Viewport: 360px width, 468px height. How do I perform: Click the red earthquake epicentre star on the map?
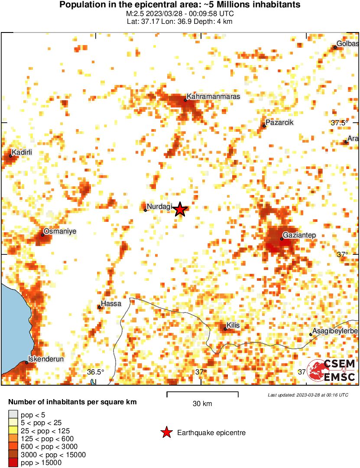[x=181, y=210]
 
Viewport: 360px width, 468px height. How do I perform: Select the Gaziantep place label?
[x=299, y=235]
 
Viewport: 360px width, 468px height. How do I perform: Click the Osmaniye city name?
[x=60, y=231]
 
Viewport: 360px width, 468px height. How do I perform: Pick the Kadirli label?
[x=22, y=152]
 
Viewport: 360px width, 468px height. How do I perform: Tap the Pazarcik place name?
[x=279, y=122]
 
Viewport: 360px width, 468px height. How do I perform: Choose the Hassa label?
[x=111, y=303]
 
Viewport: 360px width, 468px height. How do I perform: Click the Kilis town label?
[x=233, y=325]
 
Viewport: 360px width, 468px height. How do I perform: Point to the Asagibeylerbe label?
[x=334, y=331]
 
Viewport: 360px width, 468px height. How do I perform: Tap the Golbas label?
[x=348, y=44]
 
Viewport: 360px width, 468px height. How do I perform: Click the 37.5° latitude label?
[x=340, y=123]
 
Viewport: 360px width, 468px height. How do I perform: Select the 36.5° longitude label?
[x=96, y=372]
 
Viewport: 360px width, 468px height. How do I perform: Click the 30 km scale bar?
[x=202, y=394]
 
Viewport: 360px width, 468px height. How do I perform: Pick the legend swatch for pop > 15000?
[x=13, y=463]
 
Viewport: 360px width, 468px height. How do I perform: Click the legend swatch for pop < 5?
[x=13, y=415]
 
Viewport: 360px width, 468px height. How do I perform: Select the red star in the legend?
[x=165, y=432]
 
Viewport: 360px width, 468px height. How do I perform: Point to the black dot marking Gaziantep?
[x=282, y=239]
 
